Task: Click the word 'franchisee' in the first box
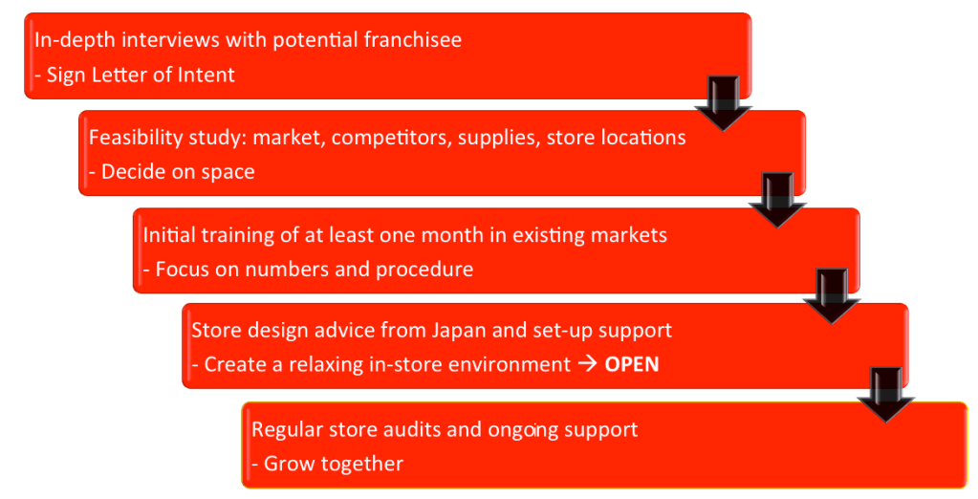[413, 39]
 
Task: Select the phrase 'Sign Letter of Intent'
[141, 75]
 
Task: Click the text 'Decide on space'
[178, 171]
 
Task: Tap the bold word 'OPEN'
[632, 364]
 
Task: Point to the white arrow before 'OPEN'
[588, 364]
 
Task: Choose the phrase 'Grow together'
[334, 464]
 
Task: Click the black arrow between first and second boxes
[724, 103]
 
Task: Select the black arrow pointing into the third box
[778, 200]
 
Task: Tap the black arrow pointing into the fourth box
[832, 295]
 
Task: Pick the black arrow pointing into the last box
[885, 394]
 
